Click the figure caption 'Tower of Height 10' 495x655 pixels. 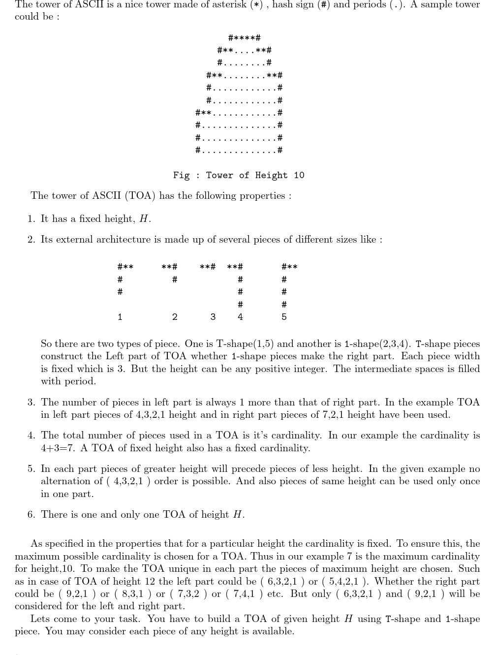[239, 175]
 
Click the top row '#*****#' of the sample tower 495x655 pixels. [245, 38]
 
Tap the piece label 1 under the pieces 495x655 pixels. [120, 317]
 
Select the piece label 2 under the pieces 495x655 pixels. [175, 317]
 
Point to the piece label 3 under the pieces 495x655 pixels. [213, 317]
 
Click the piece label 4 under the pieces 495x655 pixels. [240, 317]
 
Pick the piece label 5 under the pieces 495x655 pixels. [284, 317]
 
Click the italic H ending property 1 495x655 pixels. [143, 219]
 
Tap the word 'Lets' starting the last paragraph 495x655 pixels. [40, 619]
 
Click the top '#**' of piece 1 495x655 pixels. [125, 267]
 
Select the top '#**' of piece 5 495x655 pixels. [289, 267]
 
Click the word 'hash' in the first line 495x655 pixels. [283, 5]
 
